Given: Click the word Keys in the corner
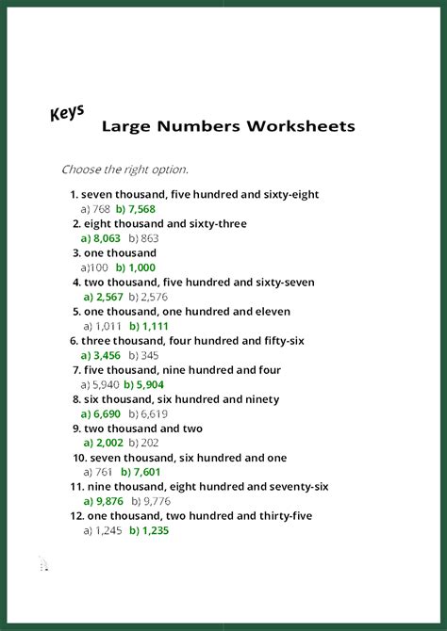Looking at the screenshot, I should (67, 114).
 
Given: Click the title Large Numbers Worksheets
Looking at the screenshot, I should (228, 125).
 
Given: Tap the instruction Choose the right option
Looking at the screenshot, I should (124, 170).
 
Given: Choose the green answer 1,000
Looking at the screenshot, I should (141, 267).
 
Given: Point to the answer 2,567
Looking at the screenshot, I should (108, 297).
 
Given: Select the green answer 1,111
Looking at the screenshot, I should (149, 326).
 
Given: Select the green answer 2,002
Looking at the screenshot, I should (108, 443).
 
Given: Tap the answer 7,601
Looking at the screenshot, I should (145, 472).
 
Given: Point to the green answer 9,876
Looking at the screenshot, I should (108, 501).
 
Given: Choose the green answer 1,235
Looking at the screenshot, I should (149, 530).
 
